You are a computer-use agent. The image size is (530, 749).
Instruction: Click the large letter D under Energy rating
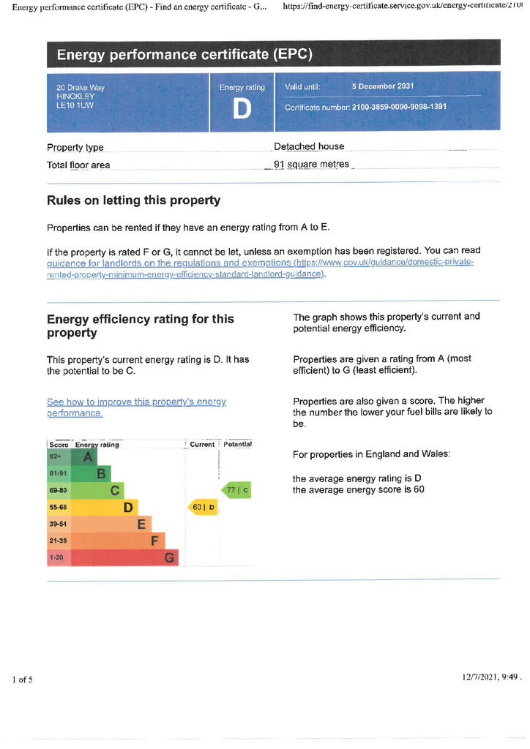coord(242,109)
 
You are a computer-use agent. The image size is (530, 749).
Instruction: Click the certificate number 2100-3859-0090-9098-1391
coord(399,107)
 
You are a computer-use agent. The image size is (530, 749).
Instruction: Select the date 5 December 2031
coord(383,86)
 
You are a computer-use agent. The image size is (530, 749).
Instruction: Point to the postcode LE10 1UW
coord(75,105)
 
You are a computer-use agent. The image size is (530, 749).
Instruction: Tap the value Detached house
coord(309,146)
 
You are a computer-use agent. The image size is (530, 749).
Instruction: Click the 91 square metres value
coord(312,165)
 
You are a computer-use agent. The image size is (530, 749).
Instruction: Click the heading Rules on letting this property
coord(134,200)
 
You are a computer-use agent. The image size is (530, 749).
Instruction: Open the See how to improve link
coord(136,407)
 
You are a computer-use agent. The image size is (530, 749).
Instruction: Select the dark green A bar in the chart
coord(84,456)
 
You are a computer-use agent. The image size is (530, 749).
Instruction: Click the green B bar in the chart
coord(91,473)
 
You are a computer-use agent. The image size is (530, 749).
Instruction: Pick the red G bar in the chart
coord(124,557)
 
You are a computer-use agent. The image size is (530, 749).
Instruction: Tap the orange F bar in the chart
coord(118,541)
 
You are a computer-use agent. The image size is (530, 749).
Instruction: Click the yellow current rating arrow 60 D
coord(203,507)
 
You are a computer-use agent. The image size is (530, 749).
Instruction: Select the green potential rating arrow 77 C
coord(236,489)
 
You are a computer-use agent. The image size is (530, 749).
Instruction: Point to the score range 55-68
coord(59,507)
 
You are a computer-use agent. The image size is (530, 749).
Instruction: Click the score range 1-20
coord(56,557)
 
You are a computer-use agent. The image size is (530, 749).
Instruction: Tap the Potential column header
coord(237,444)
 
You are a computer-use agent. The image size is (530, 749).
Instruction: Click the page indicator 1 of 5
coord(23,680)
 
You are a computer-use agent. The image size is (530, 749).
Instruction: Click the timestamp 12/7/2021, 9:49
coord(490,677)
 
